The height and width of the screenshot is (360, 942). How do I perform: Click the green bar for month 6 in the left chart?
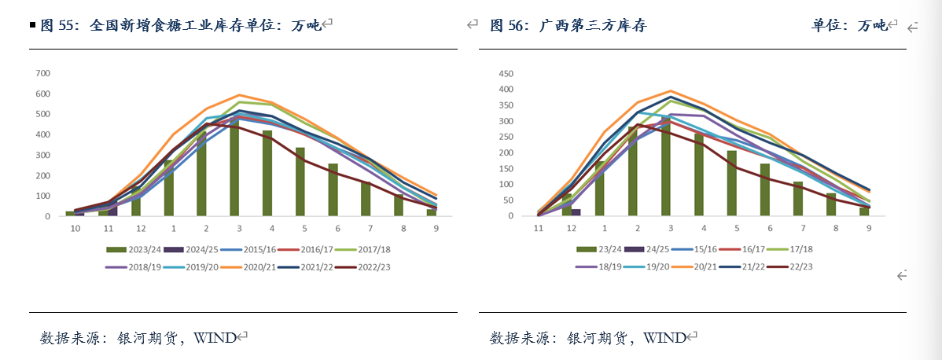tap(333, 190)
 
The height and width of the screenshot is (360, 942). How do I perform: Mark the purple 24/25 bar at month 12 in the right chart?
tap(576, 212)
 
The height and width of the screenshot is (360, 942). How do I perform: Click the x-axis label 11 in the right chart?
tap(539, 228)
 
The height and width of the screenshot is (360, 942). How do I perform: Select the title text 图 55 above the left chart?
tap(59, 25)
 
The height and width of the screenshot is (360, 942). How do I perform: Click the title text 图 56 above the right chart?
tap(508, 25)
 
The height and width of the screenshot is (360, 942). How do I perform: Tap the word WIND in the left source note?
tap(215, 338)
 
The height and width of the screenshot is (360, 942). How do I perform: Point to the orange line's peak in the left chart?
tap(238, 95)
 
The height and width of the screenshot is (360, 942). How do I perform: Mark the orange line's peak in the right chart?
tap(671, 90)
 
